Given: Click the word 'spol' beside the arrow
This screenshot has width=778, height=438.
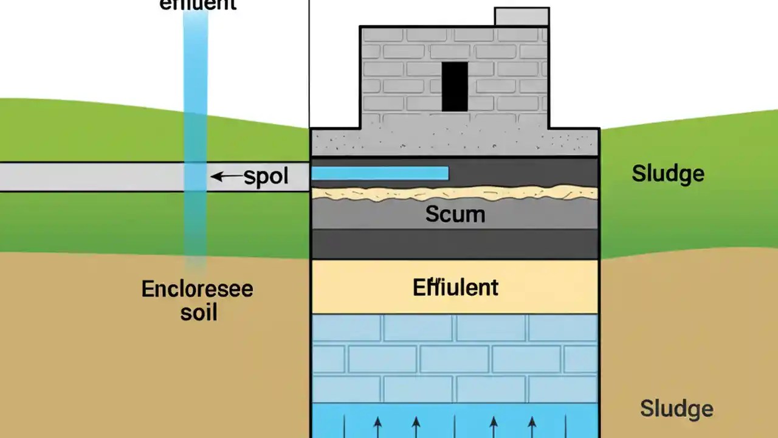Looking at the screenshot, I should (x=266, y=176).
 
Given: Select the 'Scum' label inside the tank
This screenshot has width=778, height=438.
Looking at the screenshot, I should (x=455, y=214).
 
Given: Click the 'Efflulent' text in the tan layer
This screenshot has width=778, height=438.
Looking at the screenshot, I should (x=455, y=287).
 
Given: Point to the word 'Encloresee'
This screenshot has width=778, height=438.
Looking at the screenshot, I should (x=197, y=288).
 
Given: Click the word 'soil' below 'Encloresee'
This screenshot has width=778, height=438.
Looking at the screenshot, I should (x=199, y=313).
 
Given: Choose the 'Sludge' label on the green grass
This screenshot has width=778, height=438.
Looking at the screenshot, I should (x=667, y=173).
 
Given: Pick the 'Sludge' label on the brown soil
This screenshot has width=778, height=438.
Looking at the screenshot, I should (x=676, y=409).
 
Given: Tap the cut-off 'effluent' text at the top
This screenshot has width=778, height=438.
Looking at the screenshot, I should (x=198, y=5).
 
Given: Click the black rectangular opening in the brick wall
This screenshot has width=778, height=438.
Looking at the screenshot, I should (x=455, y=86).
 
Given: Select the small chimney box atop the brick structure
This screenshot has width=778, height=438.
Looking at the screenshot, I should (x=522, y=16).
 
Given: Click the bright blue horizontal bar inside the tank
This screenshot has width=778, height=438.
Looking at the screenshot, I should (x=380, y=173).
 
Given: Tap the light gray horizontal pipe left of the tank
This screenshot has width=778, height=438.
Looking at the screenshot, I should (x=91, y=177).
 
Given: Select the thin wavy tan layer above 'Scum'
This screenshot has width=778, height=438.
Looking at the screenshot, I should (x=455, y=193).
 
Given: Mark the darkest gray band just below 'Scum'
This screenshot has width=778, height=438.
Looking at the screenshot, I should (x=455, y=243).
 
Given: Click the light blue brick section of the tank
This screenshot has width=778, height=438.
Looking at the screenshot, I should (x=455, y=359).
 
